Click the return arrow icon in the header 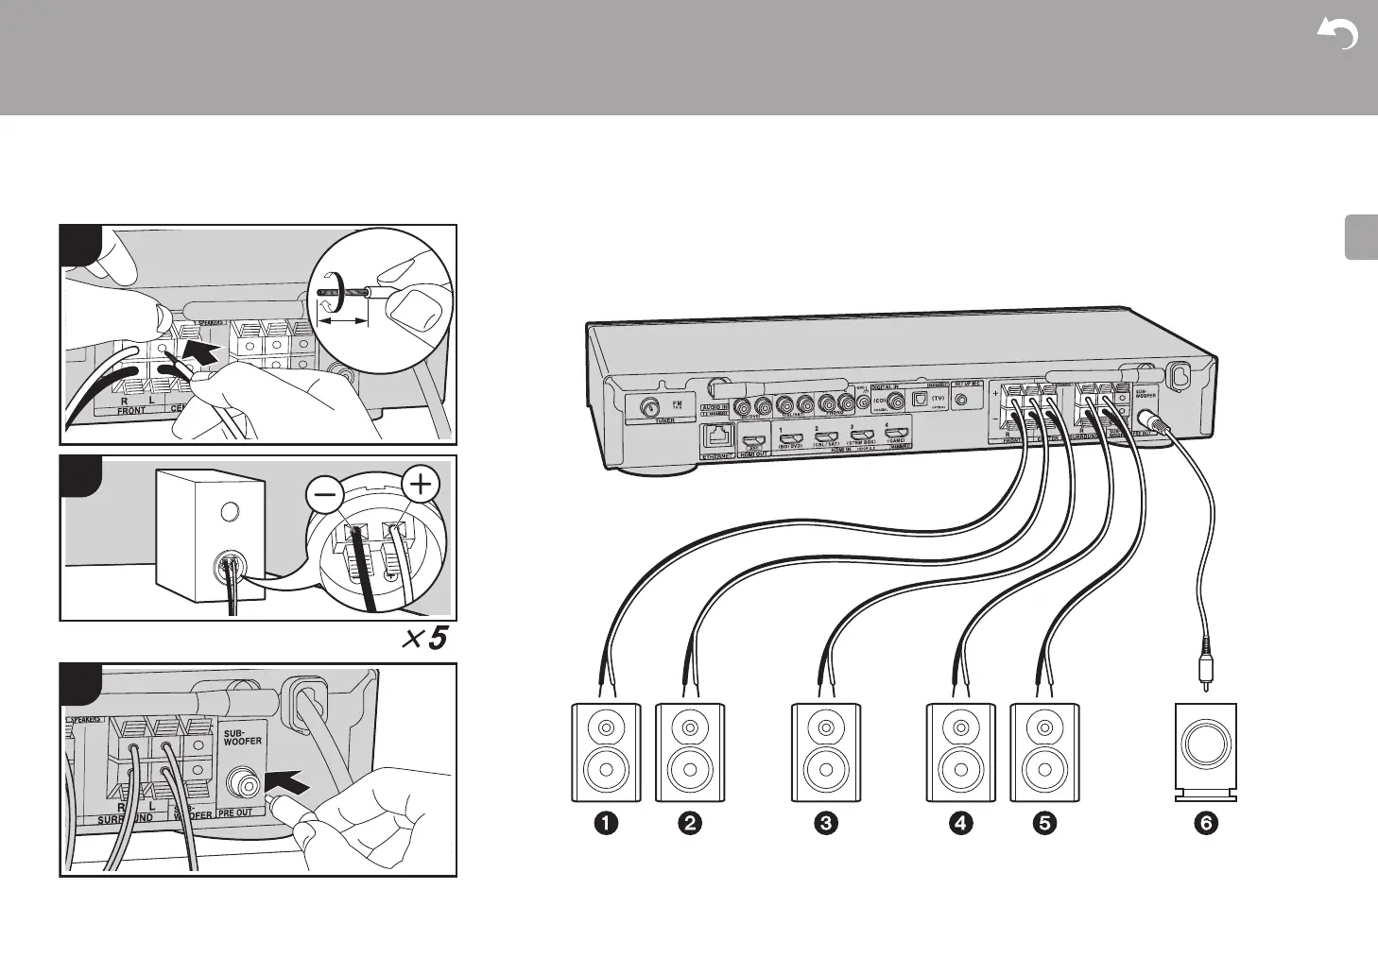pyautogui.click(x=1337, y=35)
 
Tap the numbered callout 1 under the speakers pyautogui.click(x=606, y=824)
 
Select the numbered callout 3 pyautogui.click(x=825, y=824)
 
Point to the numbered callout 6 pyautogui.click(x=1205, y=824)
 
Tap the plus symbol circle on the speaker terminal pyautogui.click(x=421, y=487)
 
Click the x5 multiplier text pyautogui.click(x=422, y=640)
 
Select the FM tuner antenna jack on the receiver pyautogui.click(x=651, y=408)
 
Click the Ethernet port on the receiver pyautogui.click(x=718, y=436)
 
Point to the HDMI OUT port pyautogui.click(x=754, y=441)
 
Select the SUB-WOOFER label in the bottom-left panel pyautogui.click(x=242, y=736)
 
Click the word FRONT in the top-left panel pyautogui.click(x=130, y=411)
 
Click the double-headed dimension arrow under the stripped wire pyautogui.click(x=341, y=322)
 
